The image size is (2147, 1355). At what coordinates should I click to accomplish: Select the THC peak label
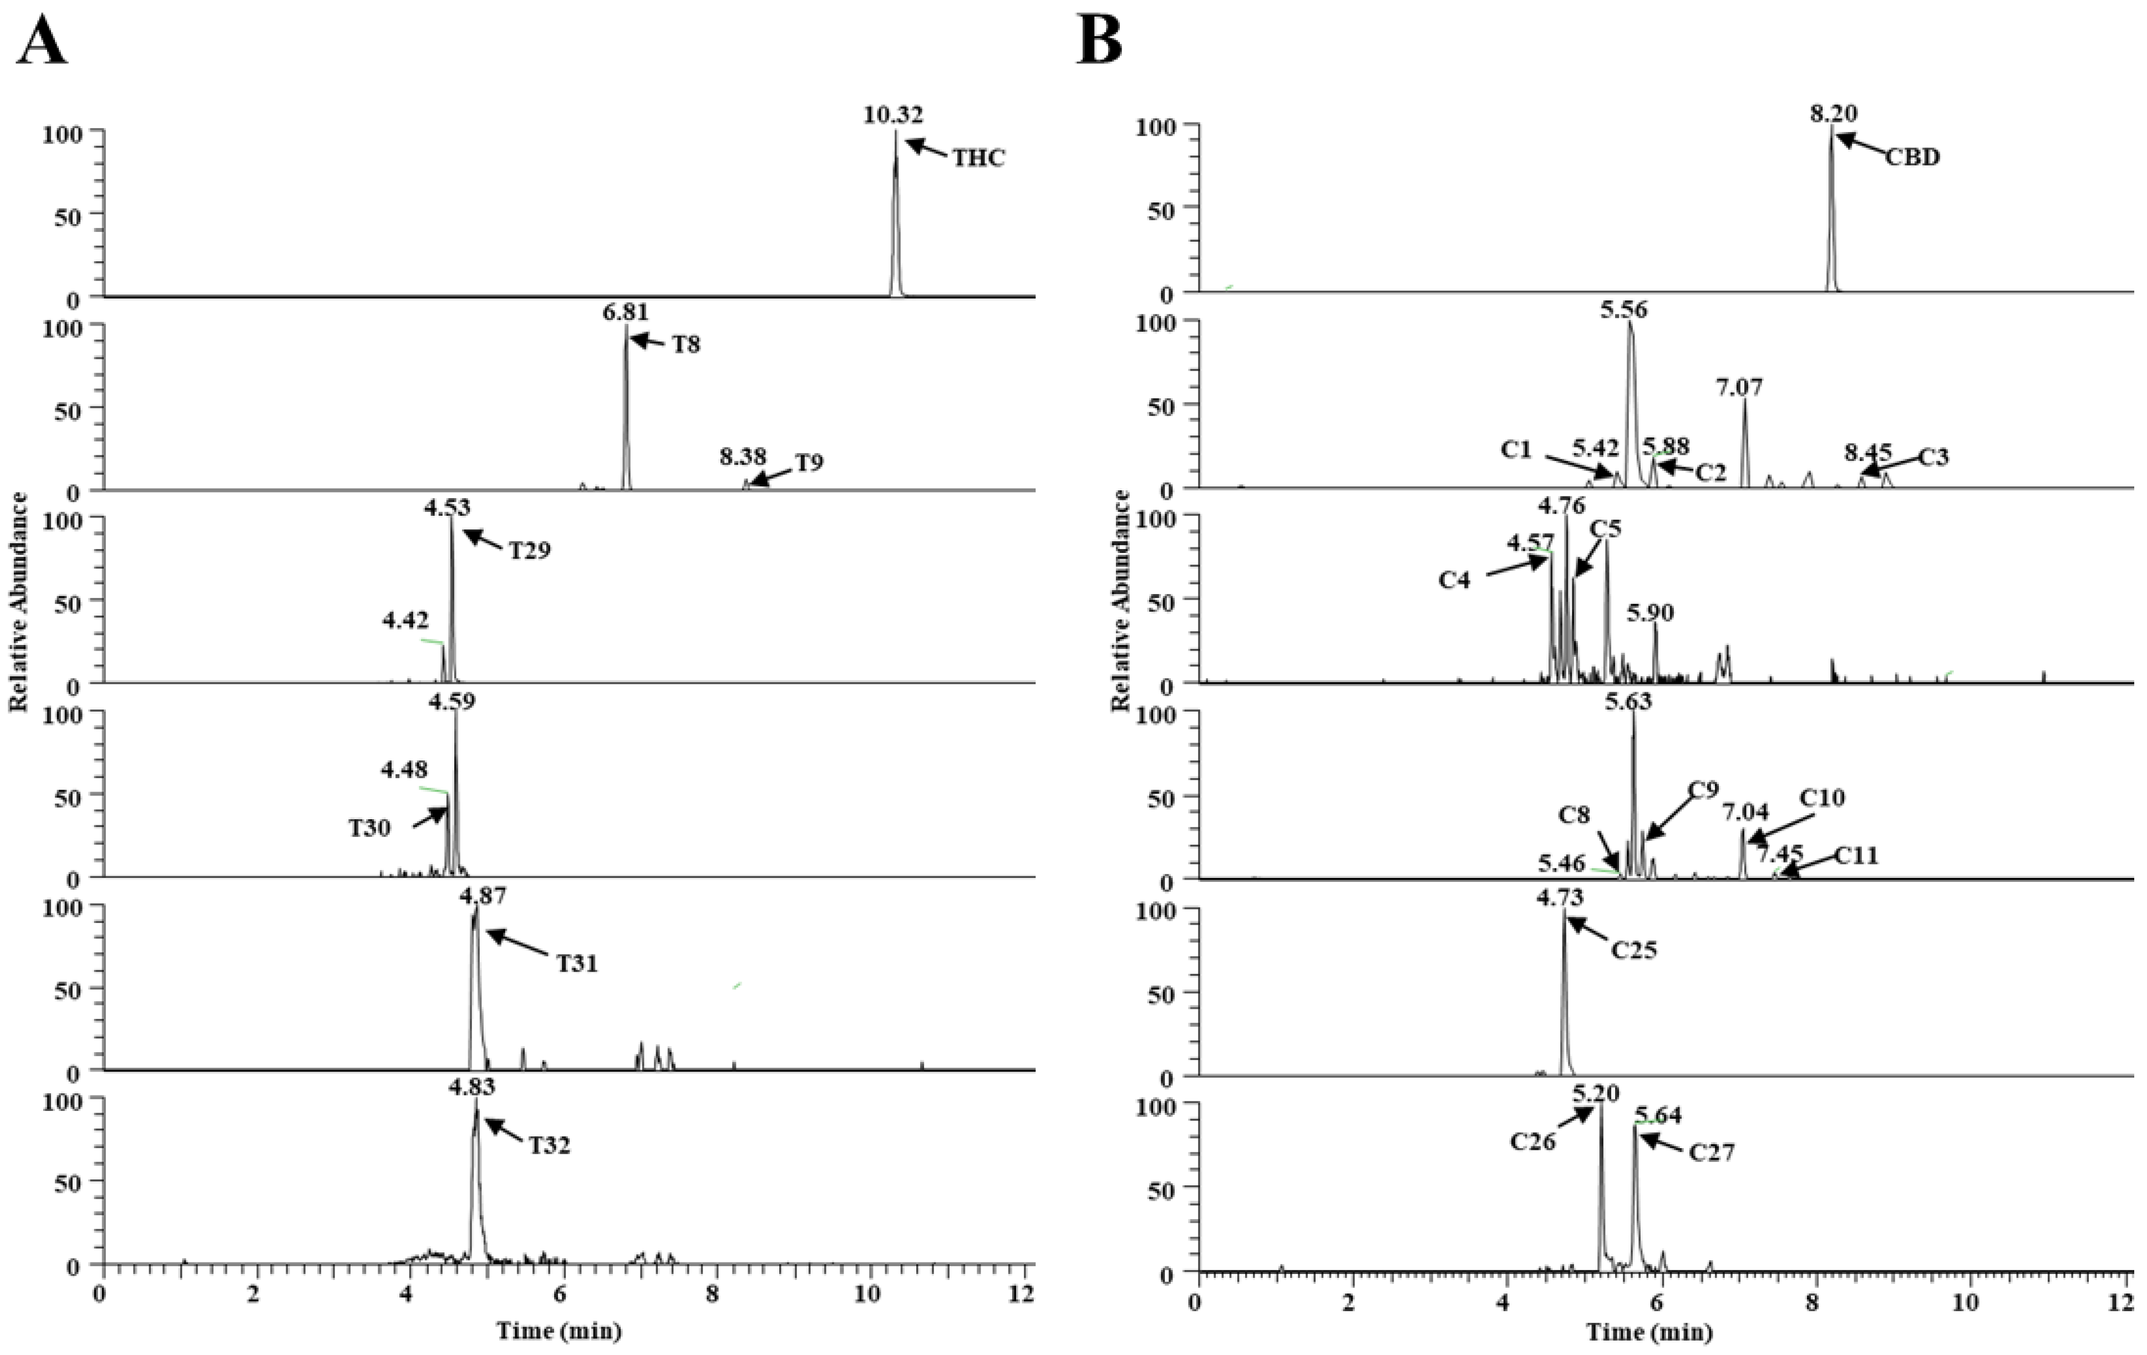click(978, 159)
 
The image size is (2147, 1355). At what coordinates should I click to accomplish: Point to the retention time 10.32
click(894, 115)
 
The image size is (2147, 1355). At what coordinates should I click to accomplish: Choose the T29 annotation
click(530, 550)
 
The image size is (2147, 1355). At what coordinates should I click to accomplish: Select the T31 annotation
click(577, 963)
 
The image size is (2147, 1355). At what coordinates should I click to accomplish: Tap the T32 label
click(549, 1145)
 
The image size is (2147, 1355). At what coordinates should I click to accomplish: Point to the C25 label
click(1633, 950)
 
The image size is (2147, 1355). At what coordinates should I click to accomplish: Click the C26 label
click(1532, 1141)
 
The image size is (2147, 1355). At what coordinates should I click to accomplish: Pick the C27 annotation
click(1712, 1153)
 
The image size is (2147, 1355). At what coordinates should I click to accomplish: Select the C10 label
click(1821, 798)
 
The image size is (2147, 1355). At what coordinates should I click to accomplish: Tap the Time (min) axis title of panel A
click(559, 1332)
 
